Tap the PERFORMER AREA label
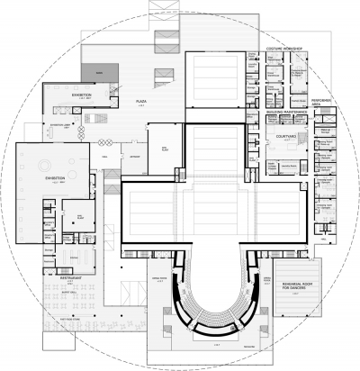pyautogui.click(x=323, y=103)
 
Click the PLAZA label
pyautogui.click(x=140, y=103)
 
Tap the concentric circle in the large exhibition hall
pyautogui.click(x=41, y=166)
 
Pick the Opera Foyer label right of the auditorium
pyautogui.click(x=266, y=281)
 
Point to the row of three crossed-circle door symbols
pyautogui.click(x=101, y=141)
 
